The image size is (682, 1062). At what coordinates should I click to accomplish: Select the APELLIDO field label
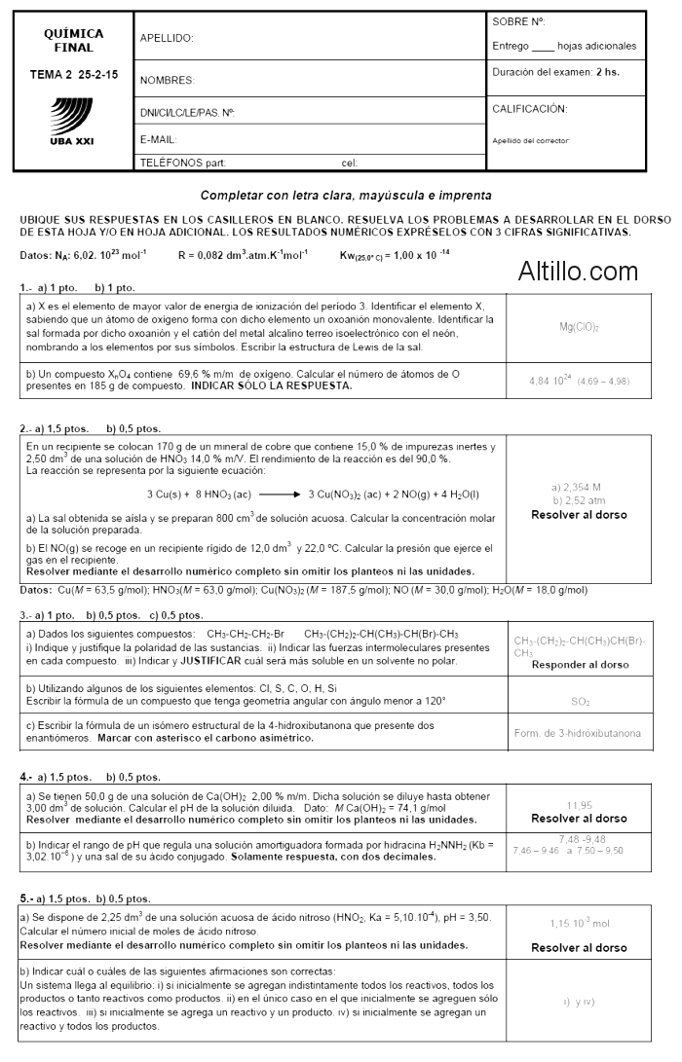click(x=167, y=38)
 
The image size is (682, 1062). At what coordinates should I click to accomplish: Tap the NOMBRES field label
click(x=167, y=80)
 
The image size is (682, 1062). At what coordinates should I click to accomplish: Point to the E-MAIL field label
click(x=158, y=139)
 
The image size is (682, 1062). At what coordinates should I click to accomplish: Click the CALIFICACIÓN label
click(x=529, y=109)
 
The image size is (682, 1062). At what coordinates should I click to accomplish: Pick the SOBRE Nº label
click(x=518, y=21)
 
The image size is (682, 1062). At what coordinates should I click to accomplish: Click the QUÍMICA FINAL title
click(x=73, y=40)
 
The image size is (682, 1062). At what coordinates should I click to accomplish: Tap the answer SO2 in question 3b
click(x=579, y=701)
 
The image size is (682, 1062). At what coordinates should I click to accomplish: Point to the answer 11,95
click(x=579, y=805)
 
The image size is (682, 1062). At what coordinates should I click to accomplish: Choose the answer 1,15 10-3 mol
click(x=578, y=922)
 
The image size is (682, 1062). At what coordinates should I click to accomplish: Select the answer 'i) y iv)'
click(x=579, y=1002)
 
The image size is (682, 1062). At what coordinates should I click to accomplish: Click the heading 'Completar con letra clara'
click(x=345, y=195)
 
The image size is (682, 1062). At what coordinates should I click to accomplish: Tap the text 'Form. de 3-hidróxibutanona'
click(x=578, y=733)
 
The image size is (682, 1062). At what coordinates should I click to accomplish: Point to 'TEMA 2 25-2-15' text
click(x=73, y=74)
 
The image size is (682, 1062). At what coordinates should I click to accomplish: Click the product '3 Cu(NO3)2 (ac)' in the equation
click(x=342, y=494)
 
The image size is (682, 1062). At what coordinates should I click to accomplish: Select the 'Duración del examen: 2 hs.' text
click(x=555, y=71)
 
